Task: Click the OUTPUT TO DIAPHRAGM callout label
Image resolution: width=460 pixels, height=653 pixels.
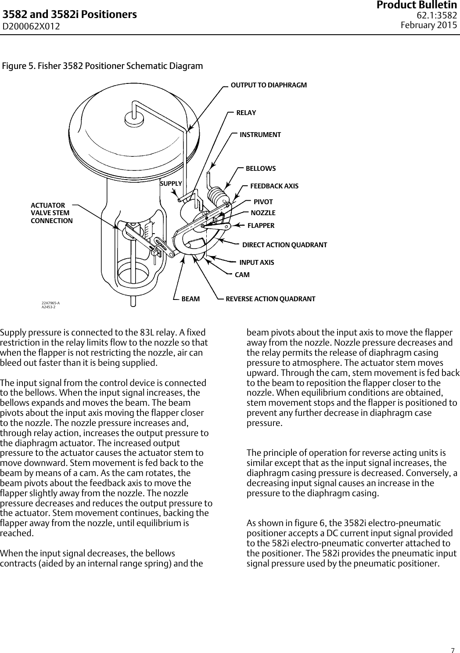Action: [269, 85]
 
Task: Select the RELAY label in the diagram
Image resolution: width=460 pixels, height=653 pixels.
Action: [246, 113]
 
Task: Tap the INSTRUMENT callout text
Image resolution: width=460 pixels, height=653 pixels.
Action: [260, 134]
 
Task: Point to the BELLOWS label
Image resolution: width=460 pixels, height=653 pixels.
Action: [261, 169]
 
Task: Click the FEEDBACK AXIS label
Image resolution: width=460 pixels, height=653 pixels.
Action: [274, 186]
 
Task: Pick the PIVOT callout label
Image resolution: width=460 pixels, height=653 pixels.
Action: [263, 202]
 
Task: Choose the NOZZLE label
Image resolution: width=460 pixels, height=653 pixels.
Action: [263, 213]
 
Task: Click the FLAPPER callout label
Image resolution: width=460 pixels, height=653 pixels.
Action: [261, 226]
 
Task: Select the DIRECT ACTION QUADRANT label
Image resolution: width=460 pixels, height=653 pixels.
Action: [284, 245]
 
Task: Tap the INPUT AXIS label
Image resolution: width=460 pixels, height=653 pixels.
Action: [256, 263]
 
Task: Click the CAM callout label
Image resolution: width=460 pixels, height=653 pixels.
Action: [242, 275]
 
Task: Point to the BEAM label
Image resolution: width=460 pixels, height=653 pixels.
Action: [190, 299]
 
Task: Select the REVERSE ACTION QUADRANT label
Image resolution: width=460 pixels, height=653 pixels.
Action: [270, 299]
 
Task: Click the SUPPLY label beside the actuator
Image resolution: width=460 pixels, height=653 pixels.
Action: [171, 183]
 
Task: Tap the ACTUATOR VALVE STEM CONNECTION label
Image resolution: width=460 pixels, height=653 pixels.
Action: [51, 213]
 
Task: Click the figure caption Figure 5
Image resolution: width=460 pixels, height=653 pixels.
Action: [103, 66]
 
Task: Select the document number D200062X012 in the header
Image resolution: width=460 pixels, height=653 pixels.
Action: [32, 26]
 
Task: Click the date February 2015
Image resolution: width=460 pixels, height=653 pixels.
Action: [429, 25]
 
